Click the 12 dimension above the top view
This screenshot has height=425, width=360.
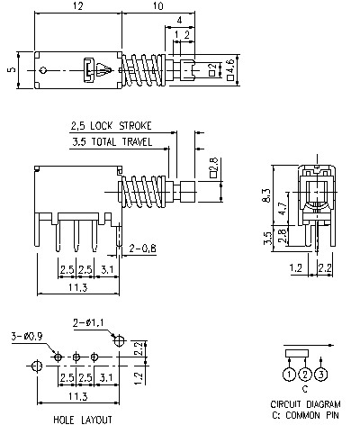point(79,7)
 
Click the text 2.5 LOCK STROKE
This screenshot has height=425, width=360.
point(111,125)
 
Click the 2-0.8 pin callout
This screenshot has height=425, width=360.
point(144,248)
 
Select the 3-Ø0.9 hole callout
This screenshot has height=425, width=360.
point(27,336)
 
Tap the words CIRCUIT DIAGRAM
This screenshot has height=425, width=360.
point(305,405)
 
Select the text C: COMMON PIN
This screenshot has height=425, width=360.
point(305,415)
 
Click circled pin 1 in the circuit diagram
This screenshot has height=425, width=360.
point(289,374)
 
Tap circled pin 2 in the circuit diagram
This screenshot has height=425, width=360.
point(305,374)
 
